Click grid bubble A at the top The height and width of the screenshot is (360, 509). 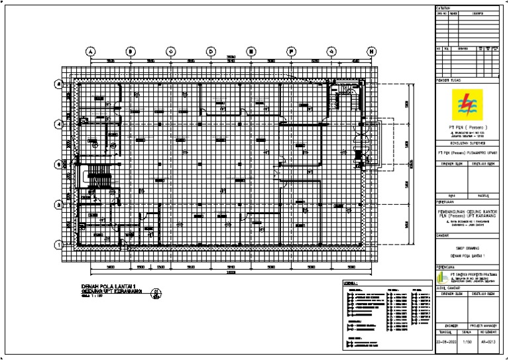click(90, 51)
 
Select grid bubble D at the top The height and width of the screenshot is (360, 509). click(211, 51)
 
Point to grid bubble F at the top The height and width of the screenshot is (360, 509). click(291, 51)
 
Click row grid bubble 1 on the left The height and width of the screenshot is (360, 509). click(59, 245)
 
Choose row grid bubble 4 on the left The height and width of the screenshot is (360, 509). click(59, 124)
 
